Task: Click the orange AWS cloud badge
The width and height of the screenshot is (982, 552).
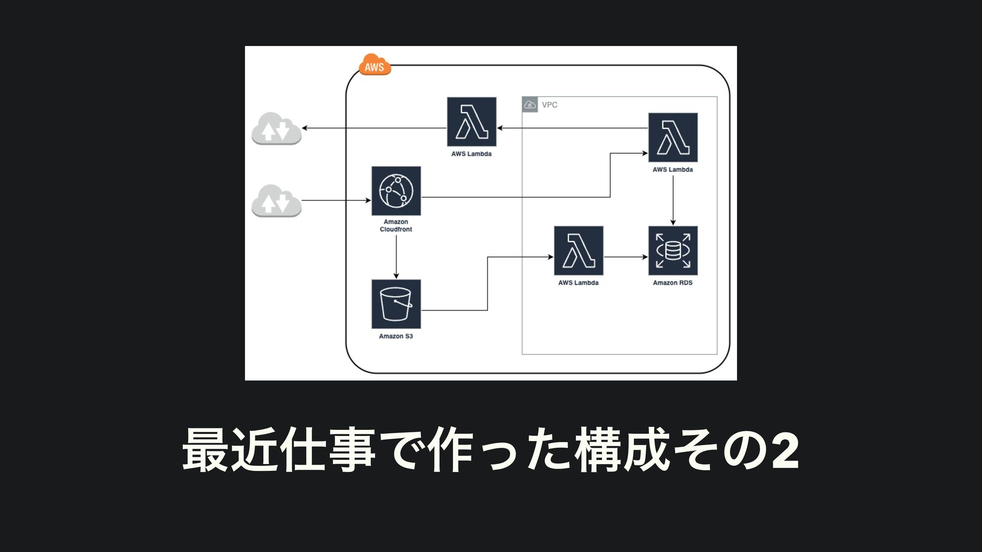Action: coord(374,65)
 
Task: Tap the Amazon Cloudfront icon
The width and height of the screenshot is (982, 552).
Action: coord(396,191)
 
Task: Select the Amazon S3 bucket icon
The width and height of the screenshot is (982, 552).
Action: coord(396,304)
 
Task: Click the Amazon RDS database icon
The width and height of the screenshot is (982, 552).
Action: coord(673,250)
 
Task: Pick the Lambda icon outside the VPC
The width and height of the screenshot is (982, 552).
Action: coord(471,122)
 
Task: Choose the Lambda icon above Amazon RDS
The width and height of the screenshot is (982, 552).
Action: coord(673,137)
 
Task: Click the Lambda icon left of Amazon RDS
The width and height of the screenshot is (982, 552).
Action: coord(578,250)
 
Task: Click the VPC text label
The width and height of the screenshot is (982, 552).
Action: coord(549,105)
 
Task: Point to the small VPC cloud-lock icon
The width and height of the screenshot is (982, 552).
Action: coord(530,105)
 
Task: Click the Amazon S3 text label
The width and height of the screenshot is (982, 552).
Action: coord(396,336)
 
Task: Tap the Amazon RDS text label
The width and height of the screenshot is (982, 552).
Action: coord(673,283)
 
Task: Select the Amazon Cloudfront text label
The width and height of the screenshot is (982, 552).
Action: coord(396,225)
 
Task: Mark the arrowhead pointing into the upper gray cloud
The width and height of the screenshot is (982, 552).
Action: coord(305,128)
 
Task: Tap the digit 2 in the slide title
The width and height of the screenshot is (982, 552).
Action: coord(785,451)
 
